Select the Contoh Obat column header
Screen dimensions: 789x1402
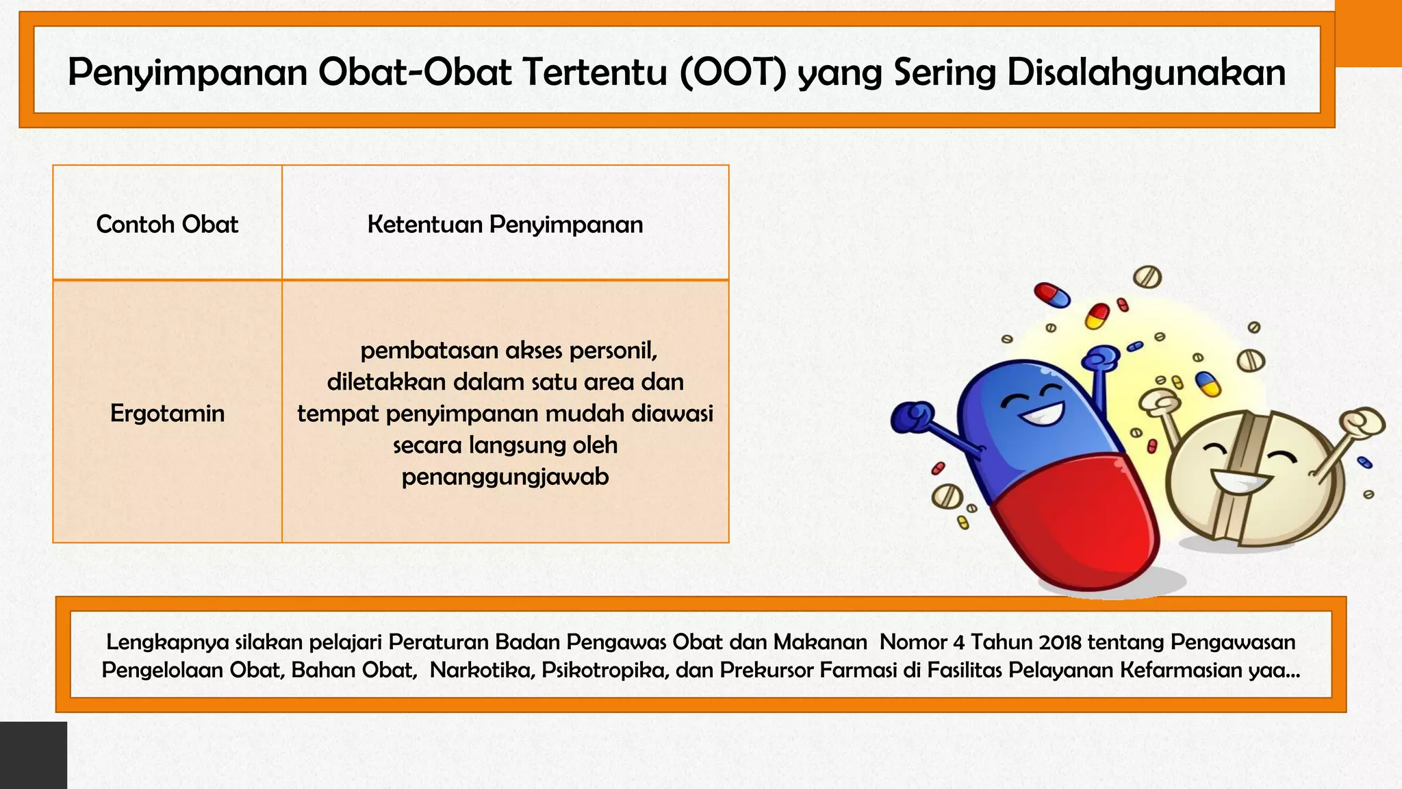(x=167, y=224)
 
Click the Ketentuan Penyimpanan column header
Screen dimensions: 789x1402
(x=505, y=224)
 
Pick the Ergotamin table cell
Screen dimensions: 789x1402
(x=167, y=413)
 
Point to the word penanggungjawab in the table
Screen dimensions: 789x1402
(x=505, y=477)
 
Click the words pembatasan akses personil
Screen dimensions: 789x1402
(x=509, y=350)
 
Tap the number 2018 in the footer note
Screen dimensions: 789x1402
(x=1060, y=642)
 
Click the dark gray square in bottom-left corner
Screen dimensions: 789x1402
(x=33, y=755)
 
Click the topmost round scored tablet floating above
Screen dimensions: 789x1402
(x=1147, y=277)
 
